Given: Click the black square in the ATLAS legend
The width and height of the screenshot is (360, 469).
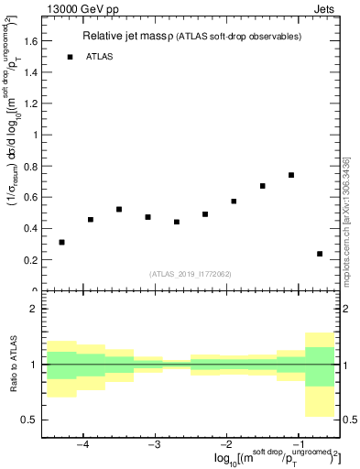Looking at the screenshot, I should coord(70,57).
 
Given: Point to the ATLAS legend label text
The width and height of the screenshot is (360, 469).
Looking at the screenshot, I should coord(100,57).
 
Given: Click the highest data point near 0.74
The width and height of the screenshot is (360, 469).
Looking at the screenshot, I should coord(290,175).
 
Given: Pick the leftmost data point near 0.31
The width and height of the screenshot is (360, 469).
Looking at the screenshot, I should coord(61,242).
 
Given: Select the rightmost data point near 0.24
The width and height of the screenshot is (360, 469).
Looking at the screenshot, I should coord(319,254).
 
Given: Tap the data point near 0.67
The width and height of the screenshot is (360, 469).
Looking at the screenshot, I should coord(262,186).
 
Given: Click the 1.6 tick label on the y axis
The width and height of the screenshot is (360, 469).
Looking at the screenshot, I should coord(29,41).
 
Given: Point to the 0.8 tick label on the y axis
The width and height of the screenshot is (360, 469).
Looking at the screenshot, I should coord(29,166).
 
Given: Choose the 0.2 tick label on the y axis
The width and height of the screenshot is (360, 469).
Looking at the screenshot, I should coord(29,259).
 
